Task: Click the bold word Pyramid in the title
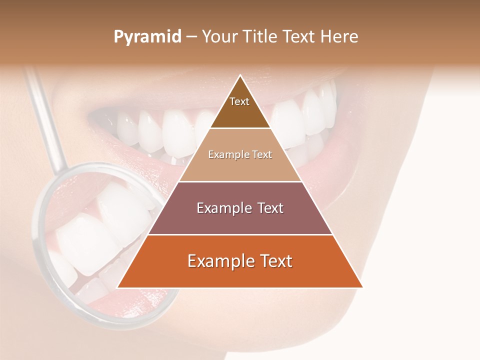point(147,36)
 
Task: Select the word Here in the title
point(340,36)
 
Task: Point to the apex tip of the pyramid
point(240,75)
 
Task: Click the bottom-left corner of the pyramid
point(118,287)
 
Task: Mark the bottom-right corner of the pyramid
point(362,287)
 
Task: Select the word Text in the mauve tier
point(268,208)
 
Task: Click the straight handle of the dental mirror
point(47,120)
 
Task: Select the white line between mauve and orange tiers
point(240,234)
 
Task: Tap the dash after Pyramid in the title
point(191,36)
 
